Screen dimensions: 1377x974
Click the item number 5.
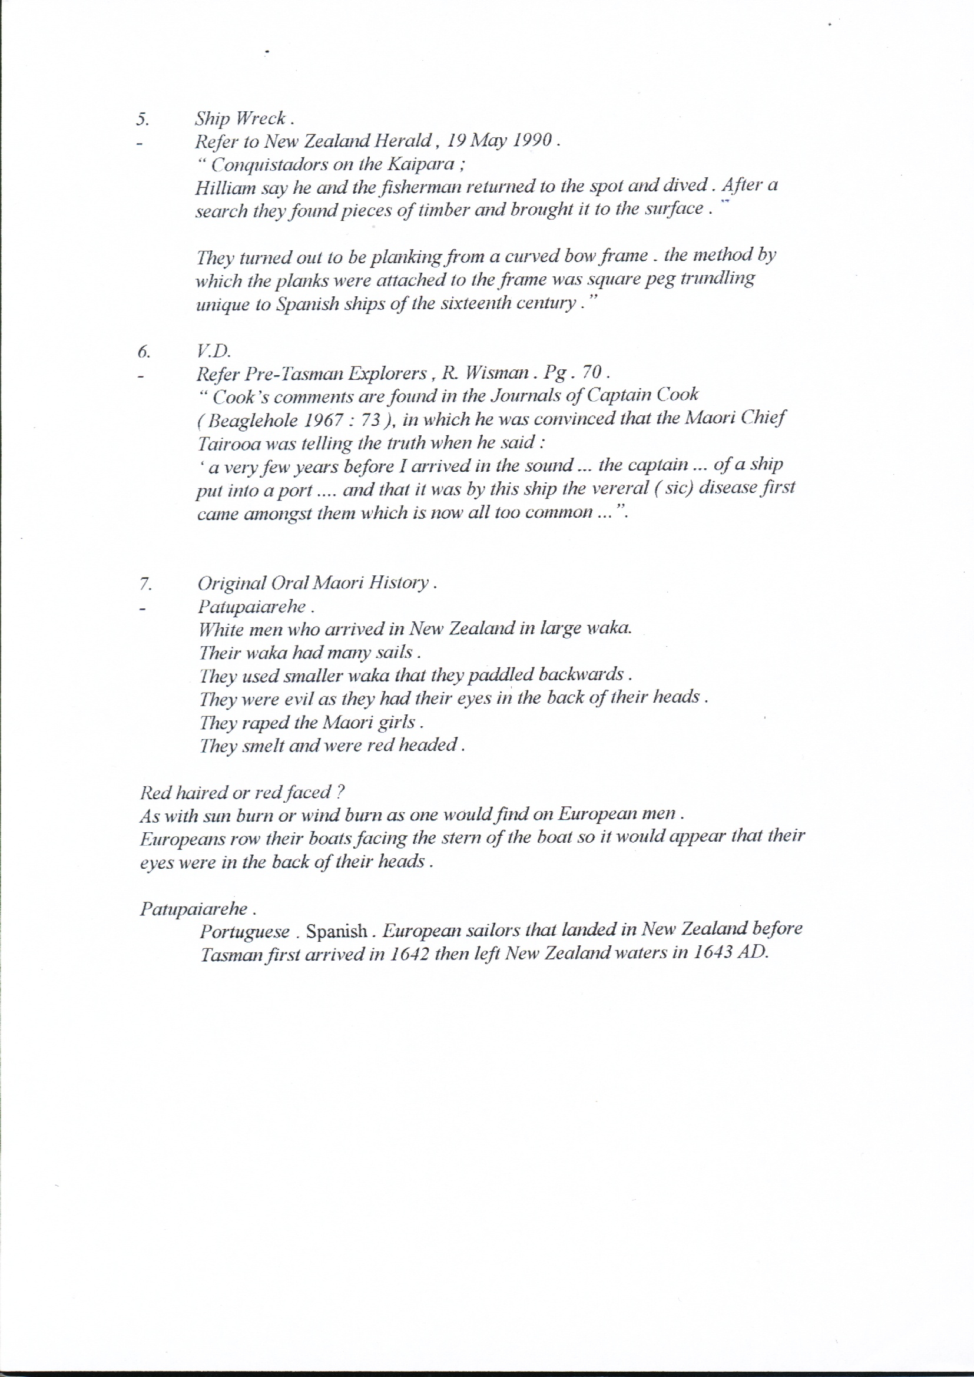point(142,119)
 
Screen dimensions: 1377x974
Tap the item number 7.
point(144,583)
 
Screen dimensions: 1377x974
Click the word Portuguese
point(245,931)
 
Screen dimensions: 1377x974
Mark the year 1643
point(713,953)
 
